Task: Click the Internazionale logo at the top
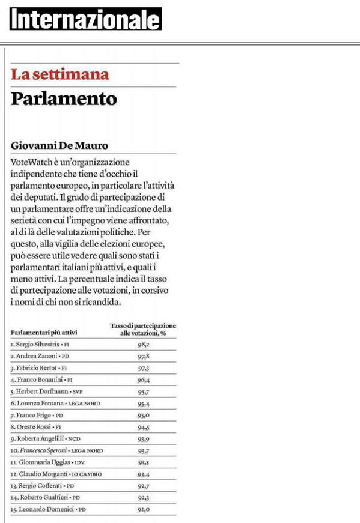pos(85,20)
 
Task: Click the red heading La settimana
pos(60,75)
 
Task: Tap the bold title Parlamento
pos(64,98)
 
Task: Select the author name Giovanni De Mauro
pos(60,146)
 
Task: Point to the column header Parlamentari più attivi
pos(44,332)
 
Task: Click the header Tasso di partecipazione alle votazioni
pos(143,329)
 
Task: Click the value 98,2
pos(143,345)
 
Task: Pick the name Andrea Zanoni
pos(34,357)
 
